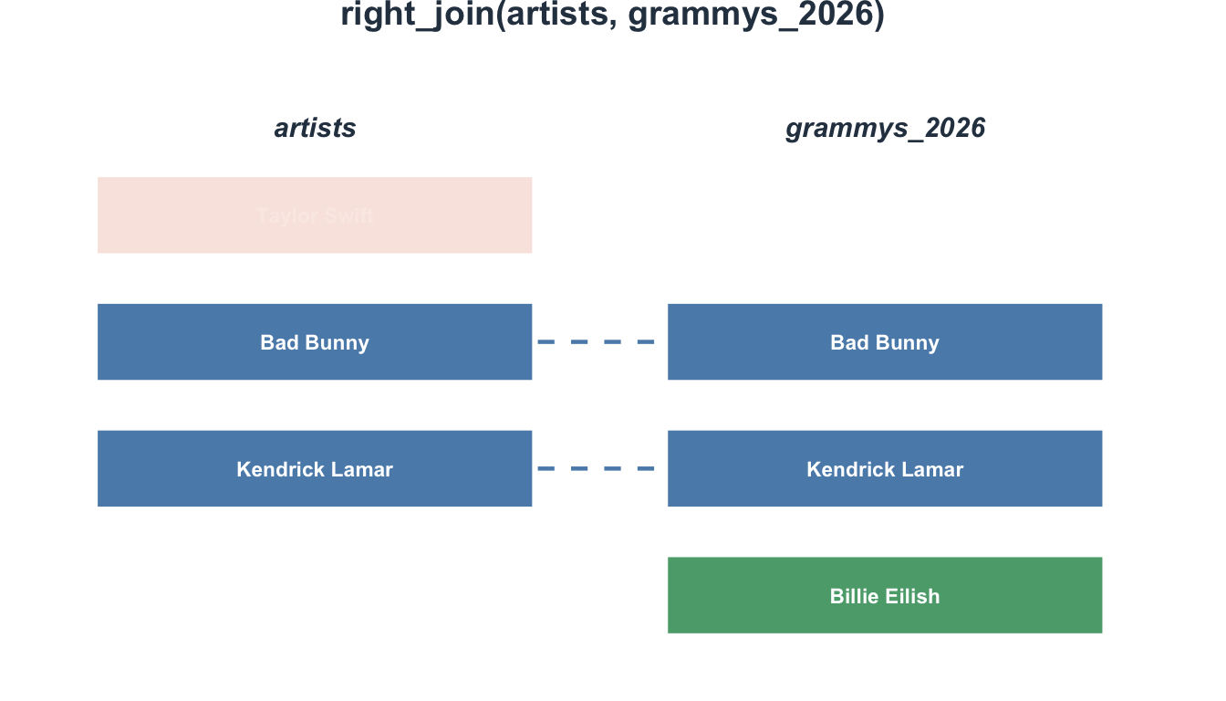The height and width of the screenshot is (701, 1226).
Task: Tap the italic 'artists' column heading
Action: (315, 129)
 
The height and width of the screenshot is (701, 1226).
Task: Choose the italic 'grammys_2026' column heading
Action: (885, 129)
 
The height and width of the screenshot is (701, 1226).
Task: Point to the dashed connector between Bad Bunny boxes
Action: (597, 342)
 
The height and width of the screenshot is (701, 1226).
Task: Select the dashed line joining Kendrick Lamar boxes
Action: (597, 469)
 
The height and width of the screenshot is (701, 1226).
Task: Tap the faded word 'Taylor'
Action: (285, 216)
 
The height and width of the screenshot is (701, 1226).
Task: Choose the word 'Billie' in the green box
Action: (855, 596)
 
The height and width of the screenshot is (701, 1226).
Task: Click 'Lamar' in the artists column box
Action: (363, 469)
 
